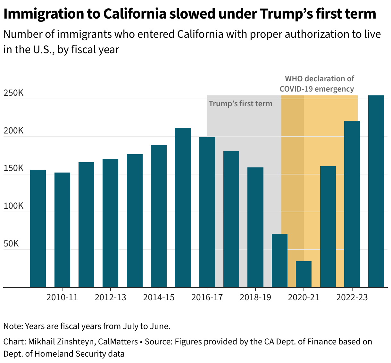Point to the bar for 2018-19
point(255,227)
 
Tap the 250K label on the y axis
point(13,93)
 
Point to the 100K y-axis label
point(13,206)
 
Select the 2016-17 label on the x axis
point(207,297)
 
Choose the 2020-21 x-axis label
point(304,297)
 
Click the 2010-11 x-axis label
point(62,297)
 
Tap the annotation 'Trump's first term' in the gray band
point(240,104)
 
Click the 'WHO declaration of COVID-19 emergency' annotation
point(317,84)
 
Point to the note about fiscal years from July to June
point(87,326)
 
